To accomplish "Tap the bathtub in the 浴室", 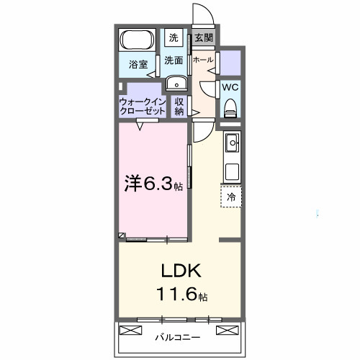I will (x=135, y=40).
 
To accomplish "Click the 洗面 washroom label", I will (x=174, y=60).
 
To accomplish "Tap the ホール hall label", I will (x=204, y=60).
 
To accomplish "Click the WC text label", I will (x=230, y=86).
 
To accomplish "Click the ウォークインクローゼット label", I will (x=143, y=107).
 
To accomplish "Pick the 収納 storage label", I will (x=179, y=107).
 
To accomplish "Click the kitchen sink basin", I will (x=232, y=145).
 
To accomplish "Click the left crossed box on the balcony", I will (x=132, y=331).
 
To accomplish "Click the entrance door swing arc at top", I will (x=202, y=14).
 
